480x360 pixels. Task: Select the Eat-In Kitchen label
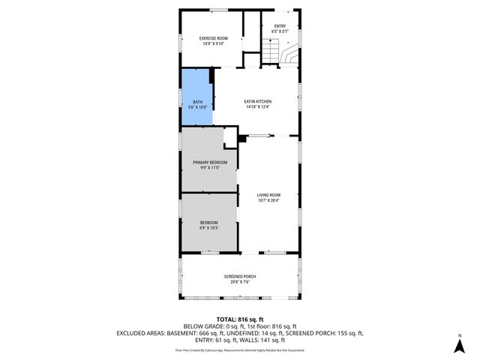(257, 101)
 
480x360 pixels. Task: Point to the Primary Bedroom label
(209, 162)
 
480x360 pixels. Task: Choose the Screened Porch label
(239, 276)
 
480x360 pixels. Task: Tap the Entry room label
(279, 26)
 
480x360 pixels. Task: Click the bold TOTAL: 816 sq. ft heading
(239, 319)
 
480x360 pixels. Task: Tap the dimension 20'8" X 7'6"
(239, 281)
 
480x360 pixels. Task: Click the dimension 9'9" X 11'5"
(209, 167)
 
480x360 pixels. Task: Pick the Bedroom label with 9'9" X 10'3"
(208, 223)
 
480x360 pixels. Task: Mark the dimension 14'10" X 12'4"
(257, 106)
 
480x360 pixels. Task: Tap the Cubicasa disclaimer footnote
(239, 349)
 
